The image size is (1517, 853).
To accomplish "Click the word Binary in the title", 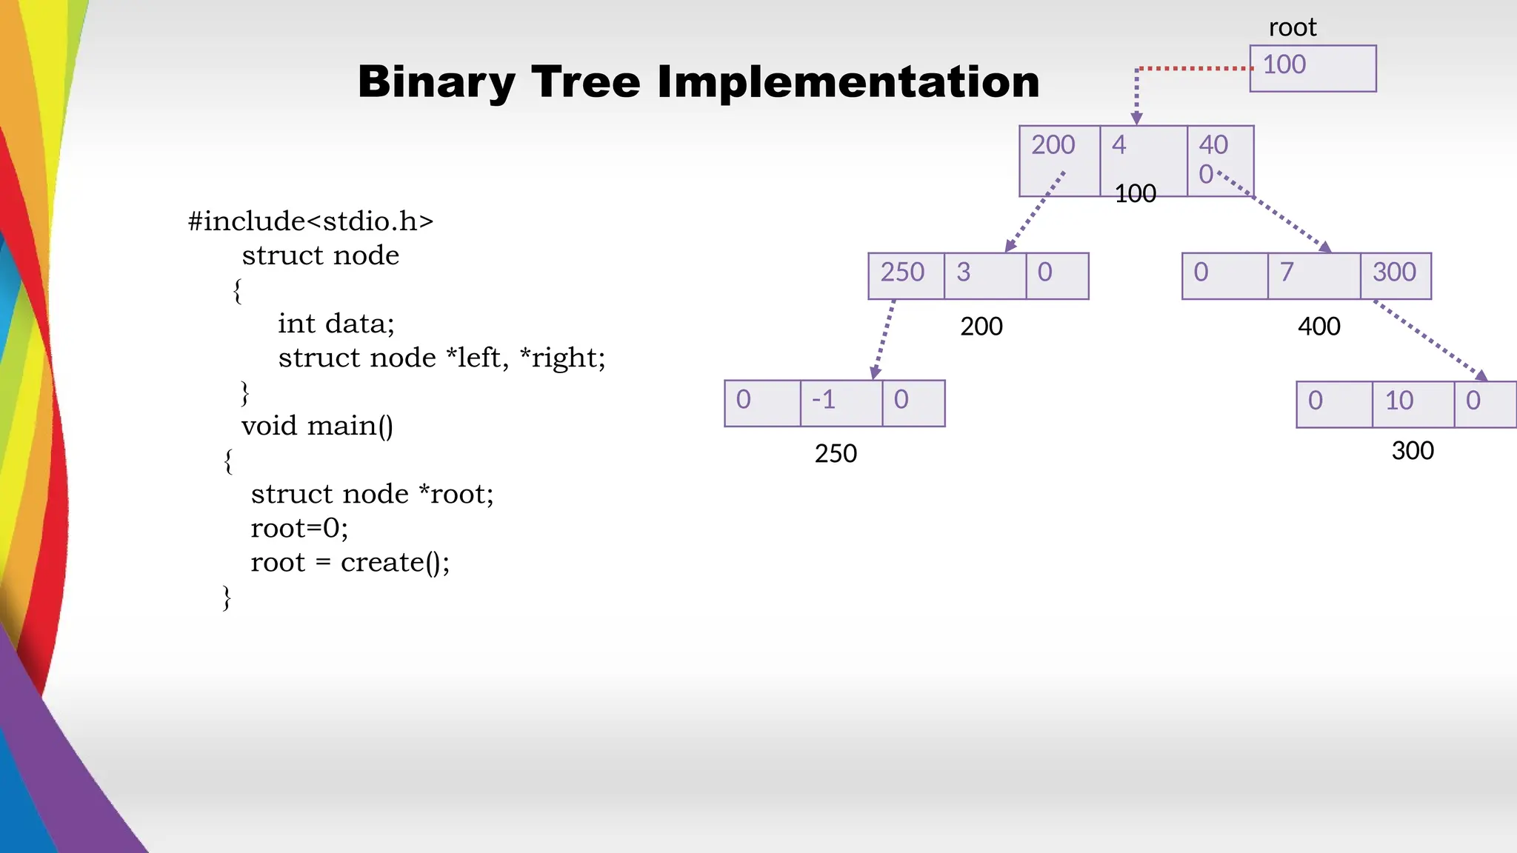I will [436, 81].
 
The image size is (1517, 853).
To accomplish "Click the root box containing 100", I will [1312, 68].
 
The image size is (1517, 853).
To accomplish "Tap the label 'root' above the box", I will [1292, 27].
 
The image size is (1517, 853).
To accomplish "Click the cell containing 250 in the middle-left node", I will [905, 275].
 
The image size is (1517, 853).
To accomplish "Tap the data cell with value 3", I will [984, 275].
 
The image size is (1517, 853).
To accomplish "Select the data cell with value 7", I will [1313, 275].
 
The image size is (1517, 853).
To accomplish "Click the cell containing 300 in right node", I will [1395, 275].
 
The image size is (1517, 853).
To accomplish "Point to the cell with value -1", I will [840, 403].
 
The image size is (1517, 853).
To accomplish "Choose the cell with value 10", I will [1412, 404].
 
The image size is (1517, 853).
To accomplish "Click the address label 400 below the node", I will [1318, 327].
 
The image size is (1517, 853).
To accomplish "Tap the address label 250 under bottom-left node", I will [836, 453].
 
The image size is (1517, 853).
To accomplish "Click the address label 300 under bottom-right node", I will [1413, 450].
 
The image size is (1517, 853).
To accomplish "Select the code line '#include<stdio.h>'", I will [310, 221].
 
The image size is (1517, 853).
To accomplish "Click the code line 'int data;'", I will [336, 324].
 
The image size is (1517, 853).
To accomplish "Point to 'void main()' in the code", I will [317, 426].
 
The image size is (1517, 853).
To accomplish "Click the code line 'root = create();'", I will [350, 563].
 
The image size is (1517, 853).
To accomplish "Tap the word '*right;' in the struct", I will [562, 358].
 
